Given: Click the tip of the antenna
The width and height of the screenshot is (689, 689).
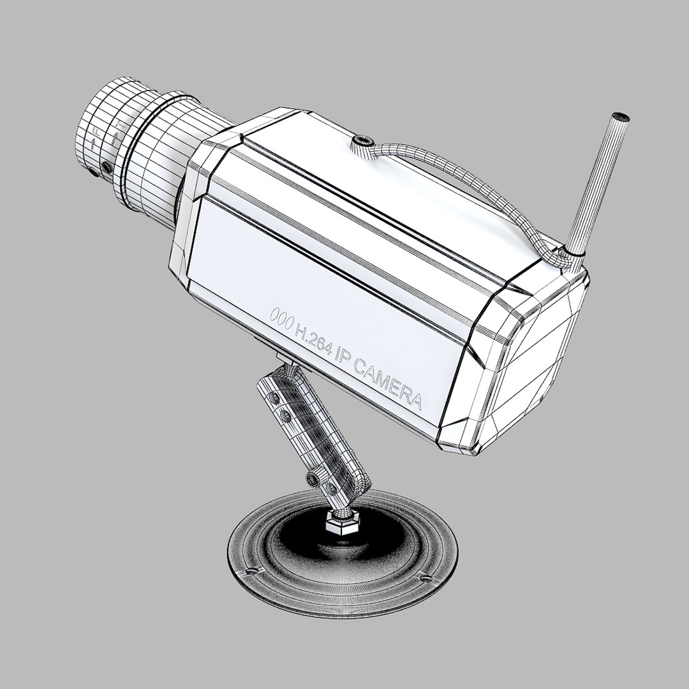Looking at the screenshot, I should pyautogui.click(x=620, y=117).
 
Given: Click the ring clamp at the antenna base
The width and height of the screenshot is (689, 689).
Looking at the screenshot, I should pyautogui.click(x=568, y=256).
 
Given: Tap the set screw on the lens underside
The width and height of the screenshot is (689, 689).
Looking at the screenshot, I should pyautogui.click(x=107, y=168).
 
